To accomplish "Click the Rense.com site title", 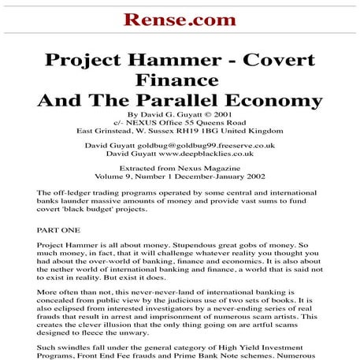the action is click(x=180, y=18).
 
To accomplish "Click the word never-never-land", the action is click(x=182, y=292).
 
